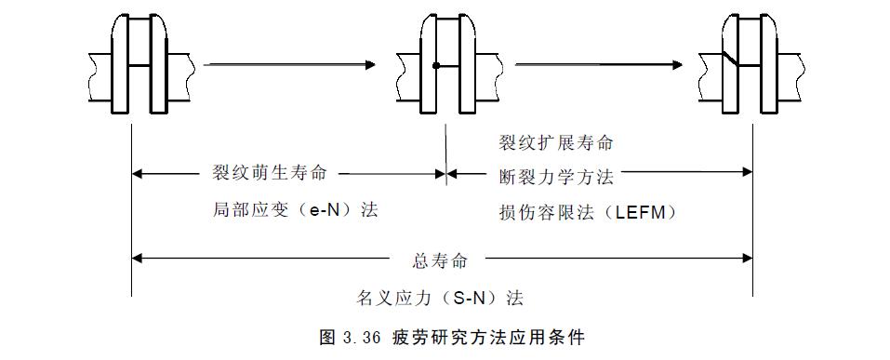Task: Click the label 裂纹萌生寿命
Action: (270, 174)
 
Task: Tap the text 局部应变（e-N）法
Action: (296, 211)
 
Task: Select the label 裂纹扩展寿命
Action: (556, 144)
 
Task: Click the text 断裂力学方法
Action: (556, 174)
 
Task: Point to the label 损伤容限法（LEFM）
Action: (587, 212)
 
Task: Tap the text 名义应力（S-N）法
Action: (440, 299)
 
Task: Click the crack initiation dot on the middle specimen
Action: (435, 65)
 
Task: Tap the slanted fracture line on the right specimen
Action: (733, 59)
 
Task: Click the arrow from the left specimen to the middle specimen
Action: (289, 64)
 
